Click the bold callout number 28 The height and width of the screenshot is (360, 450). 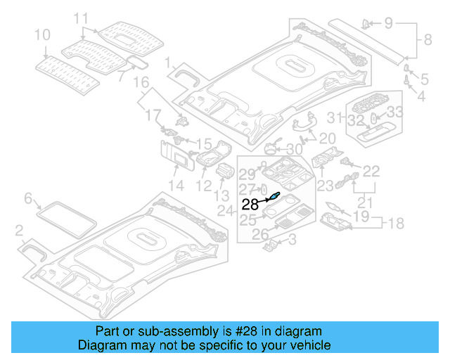(x=250, y=205)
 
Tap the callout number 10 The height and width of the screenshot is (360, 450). (x=42, y=34)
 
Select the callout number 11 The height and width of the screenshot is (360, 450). (x=82, y=18)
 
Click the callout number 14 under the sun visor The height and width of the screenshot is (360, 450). (x=175, y=186)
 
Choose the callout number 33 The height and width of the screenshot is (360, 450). (x=395, y=111)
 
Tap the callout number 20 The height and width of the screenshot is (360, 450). (x=327, y=138)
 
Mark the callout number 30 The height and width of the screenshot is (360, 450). (x=294, y=149)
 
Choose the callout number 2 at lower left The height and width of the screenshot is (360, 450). (x=20, y=229)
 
